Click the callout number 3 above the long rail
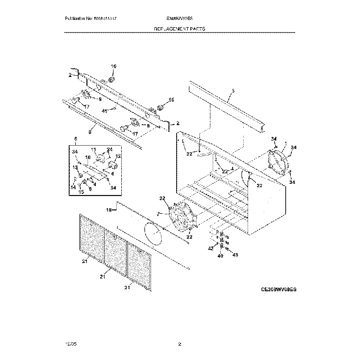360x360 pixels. pyautogui.click(x=233, y=90)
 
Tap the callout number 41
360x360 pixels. pyautogui.click(x=104, y=111)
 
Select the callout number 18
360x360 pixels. pyautogui.click(x=109, y=210)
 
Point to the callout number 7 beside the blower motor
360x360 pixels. pyautogui.click(x=159, y=213)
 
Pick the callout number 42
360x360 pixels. pyautogui.click(x=210, y=250)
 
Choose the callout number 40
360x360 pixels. pyautogui.click(x=221, y=256)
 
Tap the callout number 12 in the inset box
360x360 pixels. pyautogui.click(x=118, y=157)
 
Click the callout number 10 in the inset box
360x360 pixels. pyautogui.click(x=87, y=157)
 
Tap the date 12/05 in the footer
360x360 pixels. pyautogui.click(x=69, y=344)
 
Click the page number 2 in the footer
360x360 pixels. pyautogui.click(x=180, y=344)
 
